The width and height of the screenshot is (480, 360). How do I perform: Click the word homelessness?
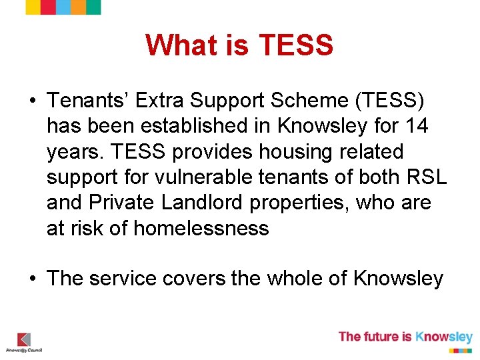(201, 229)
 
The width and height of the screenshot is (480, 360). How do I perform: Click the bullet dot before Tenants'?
(32, 101)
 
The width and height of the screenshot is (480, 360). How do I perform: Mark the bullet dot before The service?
(32, 279)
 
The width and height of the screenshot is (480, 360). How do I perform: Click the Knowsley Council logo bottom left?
(24, 342)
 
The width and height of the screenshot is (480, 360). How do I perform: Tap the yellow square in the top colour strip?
(78, 7)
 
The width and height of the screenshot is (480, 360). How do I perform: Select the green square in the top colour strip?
(93, 7)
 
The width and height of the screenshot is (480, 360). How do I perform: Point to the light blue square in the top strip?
(63, 7)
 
